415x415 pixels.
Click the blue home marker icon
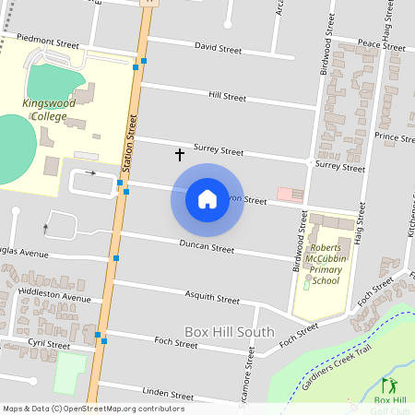207,199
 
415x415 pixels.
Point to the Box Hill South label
229,332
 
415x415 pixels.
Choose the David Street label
217,47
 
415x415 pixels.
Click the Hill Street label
227,96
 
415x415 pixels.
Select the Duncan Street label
208,248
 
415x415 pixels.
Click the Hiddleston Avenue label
53,298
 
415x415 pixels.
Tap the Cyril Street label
48,344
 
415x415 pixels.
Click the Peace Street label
381,43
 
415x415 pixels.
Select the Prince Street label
394,137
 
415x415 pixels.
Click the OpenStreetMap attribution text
93,409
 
